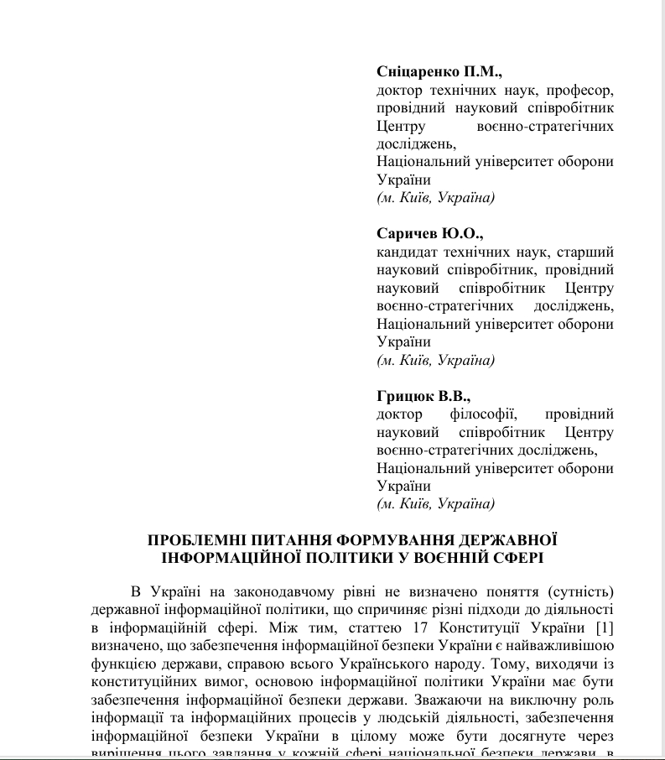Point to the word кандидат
(405, 252)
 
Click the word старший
(590, 252)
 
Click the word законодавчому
(277, 591)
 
